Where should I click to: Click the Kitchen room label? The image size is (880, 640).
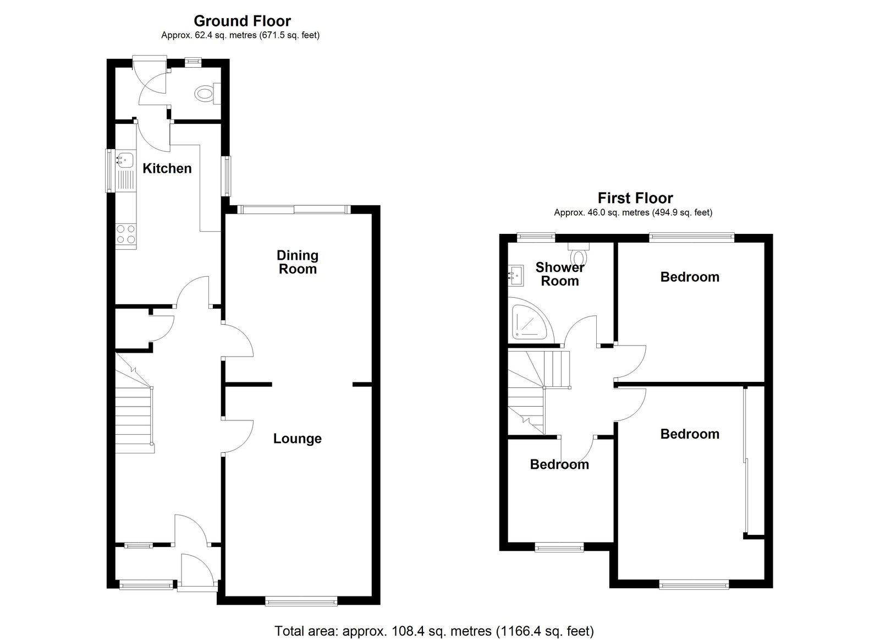click(x=167, y=168)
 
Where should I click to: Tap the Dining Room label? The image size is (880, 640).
click(x=298, y=262)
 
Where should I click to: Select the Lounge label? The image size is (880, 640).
click(x=298, y=439)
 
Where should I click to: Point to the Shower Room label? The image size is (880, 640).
click(x=560, y=275)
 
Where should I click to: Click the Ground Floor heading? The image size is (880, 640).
click(x=243, y=21)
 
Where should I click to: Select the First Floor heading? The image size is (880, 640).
click(x=635, y=198)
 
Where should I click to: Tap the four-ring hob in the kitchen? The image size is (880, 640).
click(x=126, y=234)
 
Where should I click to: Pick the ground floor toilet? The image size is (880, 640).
click(x=207, y=94)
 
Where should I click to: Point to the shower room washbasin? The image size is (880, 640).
click(x=516, y=276)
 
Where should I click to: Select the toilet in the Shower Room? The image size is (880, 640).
click(x=579, y=255)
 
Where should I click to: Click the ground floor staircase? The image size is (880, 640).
click(x=134, y=403)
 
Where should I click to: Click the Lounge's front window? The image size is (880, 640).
click(x=301, y=601)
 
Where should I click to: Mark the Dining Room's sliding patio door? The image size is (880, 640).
click(x=294, y=210)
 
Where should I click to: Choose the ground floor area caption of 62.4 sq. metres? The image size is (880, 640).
click(x=240, y=35)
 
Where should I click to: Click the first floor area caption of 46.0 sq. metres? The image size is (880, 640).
click(x=633, y=212)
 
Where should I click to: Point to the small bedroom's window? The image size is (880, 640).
click(x=559, y=547)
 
